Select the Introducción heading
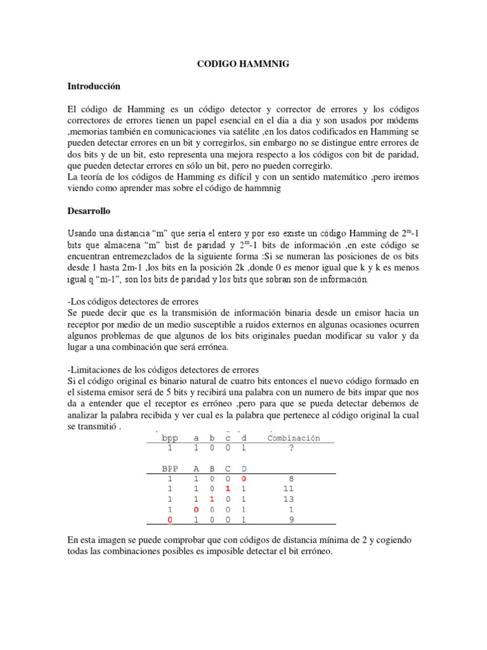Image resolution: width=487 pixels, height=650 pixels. click(x=93, y=86)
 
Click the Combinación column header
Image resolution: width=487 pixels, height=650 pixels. click(x=294, y=437)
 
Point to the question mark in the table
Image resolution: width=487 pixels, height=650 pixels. click(x=291, y=448)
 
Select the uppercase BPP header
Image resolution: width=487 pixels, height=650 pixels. click(x=170, y=468)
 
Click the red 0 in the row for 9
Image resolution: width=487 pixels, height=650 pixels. click(x=169, y=520)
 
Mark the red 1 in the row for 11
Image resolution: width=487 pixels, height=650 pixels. click(x=228, y=489)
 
